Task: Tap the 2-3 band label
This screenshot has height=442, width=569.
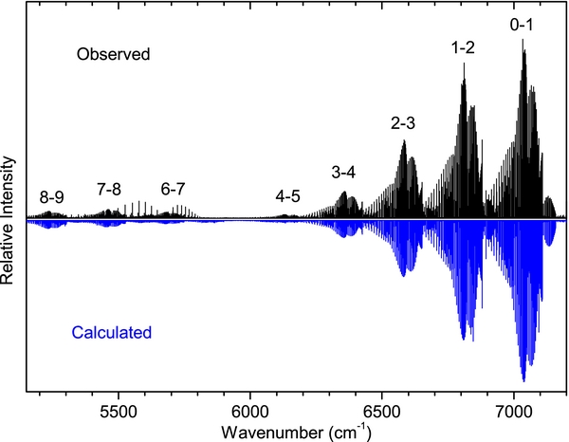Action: tap(402, 123)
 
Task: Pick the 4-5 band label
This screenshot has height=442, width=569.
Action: tap(288, 196)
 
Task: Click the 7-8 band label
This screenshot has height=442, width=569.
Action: tap(108, 189)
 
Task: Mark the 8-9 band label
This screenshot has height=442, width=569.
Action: tap(52, 197)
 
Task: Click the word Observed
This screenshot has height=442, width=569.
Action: tap(114, 55)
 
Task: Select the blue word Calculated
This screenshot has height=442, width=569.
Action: tap(112, 333)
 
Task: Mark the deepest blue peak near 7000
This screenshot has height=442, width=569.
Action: tap(523, 379)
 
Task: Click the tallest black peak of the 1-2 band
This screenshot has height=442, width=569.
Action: tap(464, 64)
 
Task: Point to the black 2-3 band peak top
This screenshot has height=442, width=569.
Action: tap(404, 141)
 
